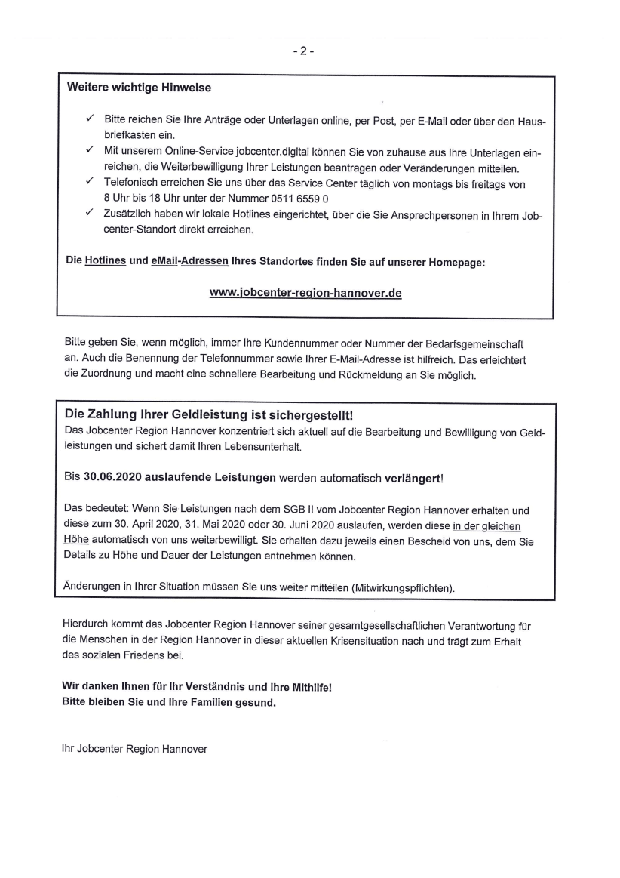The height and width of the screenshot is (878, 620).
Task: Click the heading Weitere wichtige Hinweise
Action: [x=140, y=88]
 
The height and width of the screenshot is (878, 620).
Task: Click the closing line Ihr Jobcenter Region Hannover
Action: [x=134, y=749]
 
